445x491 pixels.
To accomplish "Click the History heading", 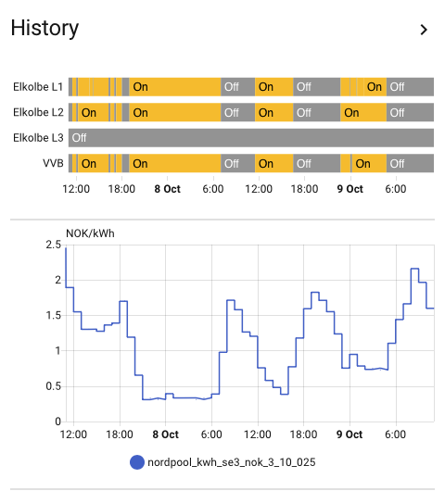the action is pyautogui.click(x=44, y=29).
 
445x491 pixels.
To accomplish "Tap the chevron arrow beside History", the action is pyautogui.click(x=424, y=30).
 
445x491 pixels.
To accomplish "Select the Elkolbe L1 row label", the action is pyautogui.click(x=38, y=87).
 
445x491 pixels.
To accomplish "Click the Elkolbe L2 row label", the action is pyautogui.click(x=38, y=112).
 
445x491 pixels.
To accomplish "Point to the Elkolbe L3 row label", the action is pyautogui.click(x=38, y=138).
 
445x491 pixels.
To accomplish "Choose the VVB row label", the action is pyautogui.click(x=53, y=163).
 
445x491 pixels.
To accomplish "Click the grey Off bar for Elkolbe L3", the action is pyautogui.click(x=251, y=138).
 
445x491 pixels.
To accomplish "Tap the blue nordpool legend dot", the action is pyautogui.click(x=137, y=462).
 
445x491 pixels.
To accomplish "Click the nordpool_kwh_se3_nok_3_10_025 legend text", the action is pyautogui.click(x=231, y=462).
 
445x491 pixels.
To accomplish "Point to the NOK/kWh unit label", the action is pyautogui.click(x=90, y=233).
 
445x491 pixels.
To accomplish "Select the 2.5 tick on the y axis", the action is pyautogui.click(x=54, y=245).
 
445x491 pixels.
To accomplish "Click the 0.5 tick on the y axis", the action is pyautogui.click(x=54, y=386).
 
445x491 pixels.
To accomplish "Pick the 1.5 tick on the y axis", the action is pyautogui.click(x=54, y=315).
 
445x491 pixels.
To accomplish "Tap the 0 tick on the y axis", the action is pyautogui.click(x=58, y=422).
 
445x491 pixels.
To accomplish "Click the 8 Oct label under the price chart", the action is pyautogui.click(x=165, y=434).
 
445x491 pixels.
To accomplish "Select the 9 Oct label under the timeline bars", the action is pyautogui.click(x=350, y=189).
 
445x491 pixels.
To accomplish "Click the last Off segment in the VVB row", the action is pyautogui.click(x=410, y=163).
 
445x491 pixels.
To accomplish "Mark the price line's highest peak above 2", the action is pyautogui.click(x=415, y=269).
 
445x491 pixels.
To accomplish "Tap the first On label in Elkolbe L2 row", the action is pyautogui.click(x=89, y=112).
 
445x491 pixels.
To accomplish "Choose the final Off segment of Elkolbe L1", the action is pyautogui.click(x=410, y=87).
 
